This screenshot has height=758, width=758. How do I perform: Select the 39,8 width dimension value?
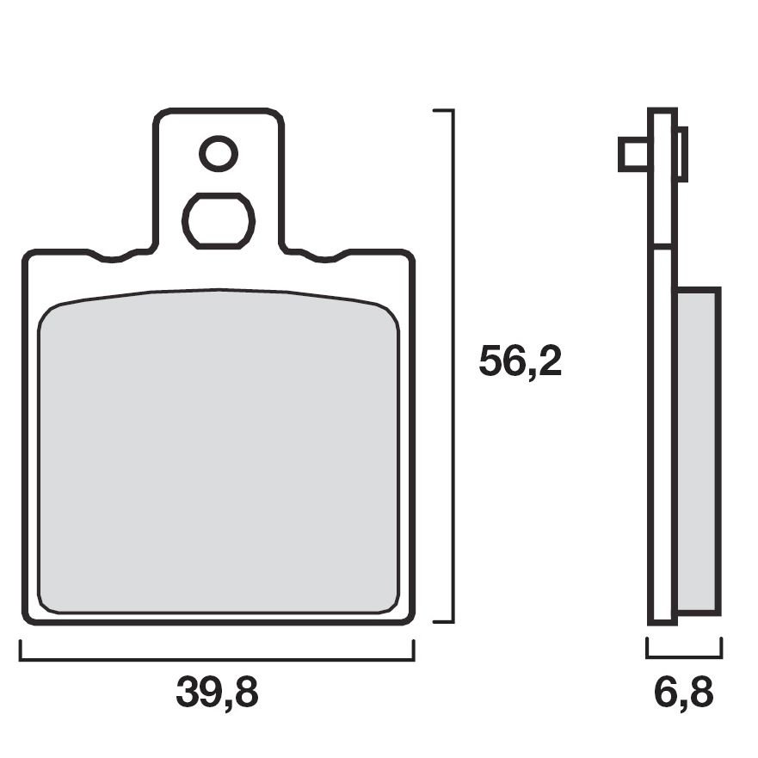coord(217,693)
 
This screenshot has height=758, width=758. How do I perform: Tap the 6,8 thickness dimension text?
coord(683,693)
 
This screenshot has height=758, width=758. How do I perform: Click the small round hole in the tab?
coord(219,154)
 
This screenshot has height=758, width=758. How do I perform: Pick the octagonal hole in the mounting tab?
coord(219,221)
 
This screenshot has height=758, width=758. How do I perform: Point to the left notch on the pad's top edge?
coord(112,256)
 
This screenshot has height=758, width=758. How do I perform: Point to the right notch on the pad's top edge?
coord(325,256)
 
